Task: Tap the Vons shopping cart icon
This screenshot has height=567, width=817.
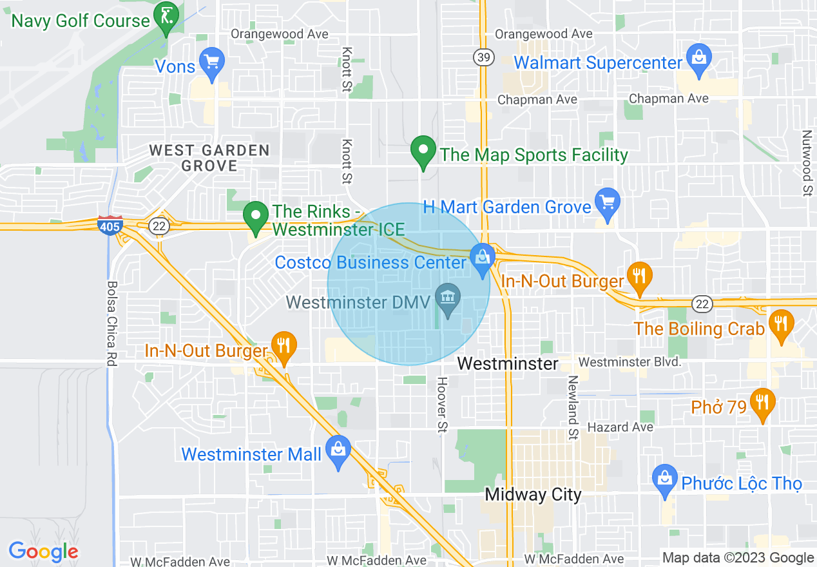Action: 211,62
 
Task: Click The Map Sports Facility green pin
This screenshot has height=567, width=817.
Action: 423,151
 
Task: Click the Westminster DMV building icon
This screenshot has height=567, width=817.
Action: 447,298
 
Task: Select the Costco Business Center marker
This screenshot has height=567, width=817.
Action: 482,257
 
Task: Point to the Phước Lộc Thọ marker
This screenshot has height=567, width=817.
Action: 664,479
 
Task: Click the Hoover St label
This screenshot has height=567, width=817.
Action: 442,404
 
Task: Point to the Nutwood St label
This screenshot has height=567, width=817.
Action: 806,163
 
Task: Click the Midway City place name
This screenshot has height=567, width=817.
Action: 533,495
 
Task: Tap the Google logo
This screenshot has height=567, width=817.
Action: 43,552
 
